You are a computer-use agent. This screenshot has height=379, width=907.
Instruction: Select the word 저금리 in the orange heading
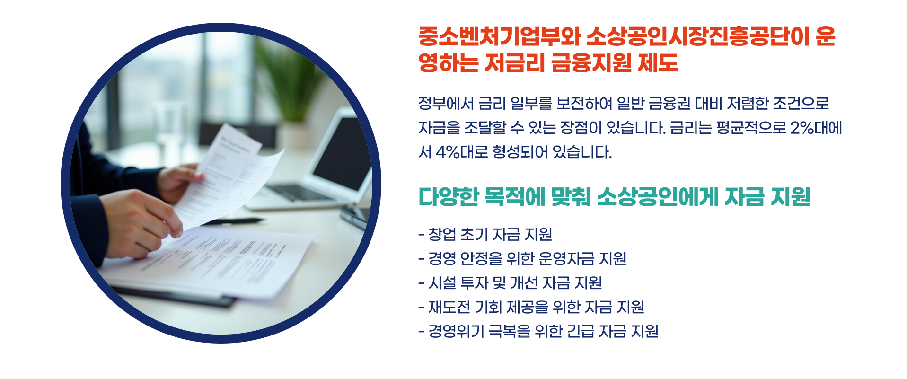pos(515,62)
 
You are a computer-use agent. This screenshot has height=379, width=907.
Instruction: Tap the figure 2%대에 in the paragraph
pos(816,128)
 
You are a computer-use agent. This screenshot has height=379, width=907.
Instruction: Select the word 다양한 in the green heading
pos(449,197)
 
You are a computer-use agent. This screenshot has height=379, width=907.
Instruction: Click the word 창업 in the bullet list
pos(442,234)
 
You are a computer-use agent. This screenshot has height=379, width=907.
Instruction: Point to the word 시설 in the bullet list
pos(442,283)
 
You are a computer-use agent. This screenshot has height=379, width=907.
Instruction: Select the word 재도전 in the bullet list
pos(449,307)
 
